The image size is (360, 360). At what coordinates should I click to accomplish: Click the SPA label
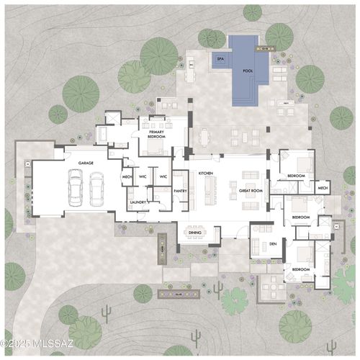220,60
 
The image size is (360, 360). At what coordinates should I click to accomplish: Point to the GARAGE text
86,163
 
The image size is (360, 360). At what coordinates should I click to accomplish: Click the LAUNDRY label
138,202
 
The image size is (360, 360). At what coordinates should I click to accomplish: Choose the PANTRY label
180,191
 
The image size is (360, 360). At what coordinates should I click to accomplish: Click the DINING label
195,232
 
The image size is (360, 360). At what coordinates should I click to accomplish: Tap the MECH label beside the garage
127,176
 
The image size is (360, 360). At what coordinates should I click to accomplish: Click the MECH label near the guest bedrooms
323,189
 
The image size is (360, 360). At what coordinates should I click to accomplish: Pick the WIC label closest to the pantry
163,176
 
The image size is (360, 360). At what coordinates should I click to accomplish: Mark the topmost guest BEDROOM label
296,175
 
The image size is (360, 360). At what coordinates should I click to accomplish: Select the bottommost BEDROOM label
301,269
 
